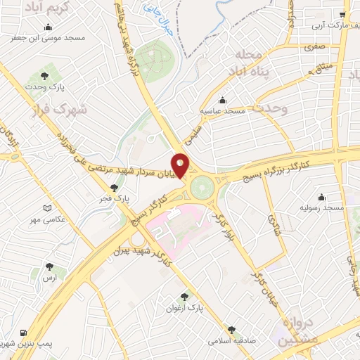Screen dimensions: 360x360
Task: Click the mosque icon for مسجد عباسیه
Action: click(x=223, y=100)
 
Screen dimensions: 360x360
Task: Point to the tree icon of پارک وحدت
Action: click(x=44, y=72)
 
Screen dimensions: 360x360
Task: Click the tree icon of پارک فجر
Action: click(x=115, y=187)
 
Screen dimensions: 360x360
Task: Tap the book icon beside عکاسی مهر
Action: click(x=46, y=209)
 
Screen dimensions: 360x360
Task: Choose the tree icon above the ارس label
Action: click(x=49, y=266)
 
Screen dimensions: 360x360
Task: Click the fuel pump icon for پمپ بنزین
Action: click(x=24, y=332)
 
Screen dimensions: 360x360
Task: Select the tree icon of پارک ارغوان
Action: click(x=185, y=297)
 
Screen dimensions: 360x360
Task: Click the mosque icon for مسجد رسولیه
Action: click(x=322, y=196)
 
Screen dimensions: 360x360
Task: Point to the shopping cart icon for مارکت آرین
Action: click(x=342, y=13)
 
